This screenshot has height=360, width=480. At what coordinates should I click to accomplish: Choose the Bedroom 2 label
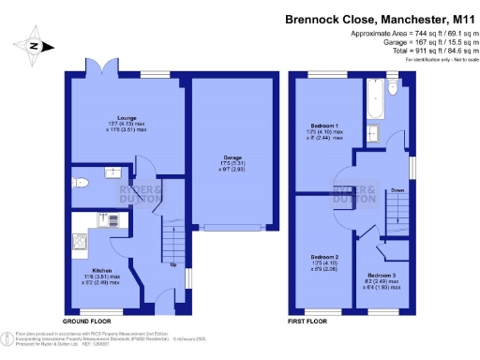[324, 256]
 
